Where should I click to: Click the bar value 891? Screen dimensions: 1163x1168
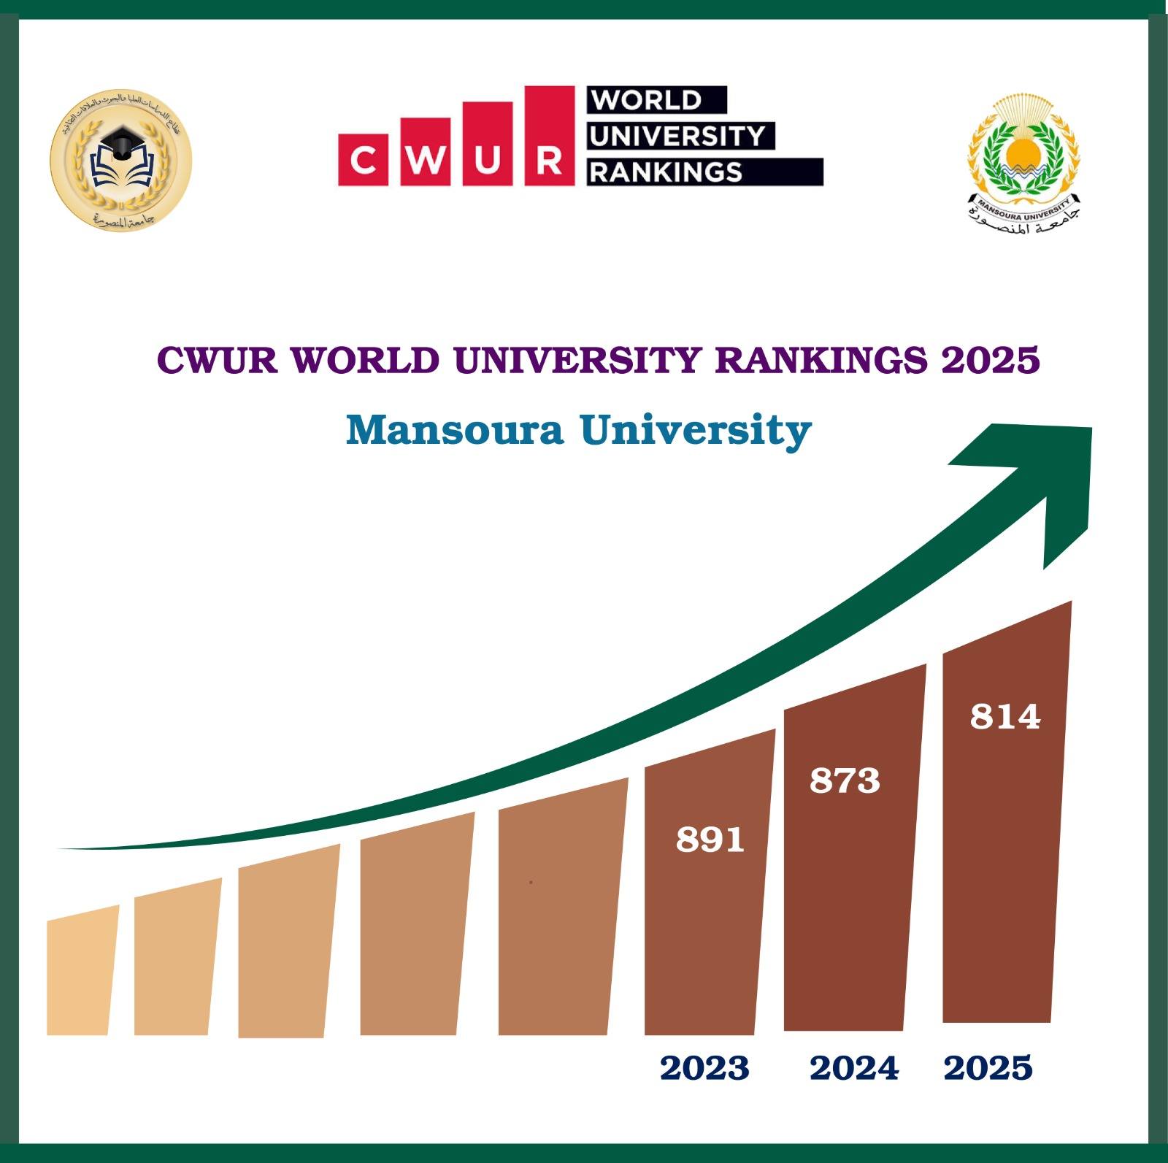click(x=710, y=840)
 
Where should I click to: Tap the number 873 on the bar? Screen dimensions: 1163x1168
click(x=845, y=780)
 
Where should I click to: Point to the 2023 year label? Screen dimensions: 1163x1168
click(x=704, y=1068)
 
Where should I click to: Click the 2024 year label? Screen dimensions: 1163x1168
click(x=854, y=1068)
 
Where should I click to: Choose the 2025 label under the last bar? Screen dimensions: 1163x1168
click(x=988, y=1068)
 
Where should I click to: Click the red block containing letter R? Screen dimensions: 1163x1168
click(x=549, y=135)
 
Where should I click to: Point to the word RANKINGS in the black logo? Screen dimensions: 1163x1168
click(x=666, y=172)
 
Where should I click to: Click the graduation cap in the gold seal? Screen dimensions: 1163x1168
click(x=121, y=139)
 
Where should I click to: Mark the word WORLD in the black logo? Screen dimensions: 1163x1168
click(x=647, y=100)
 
